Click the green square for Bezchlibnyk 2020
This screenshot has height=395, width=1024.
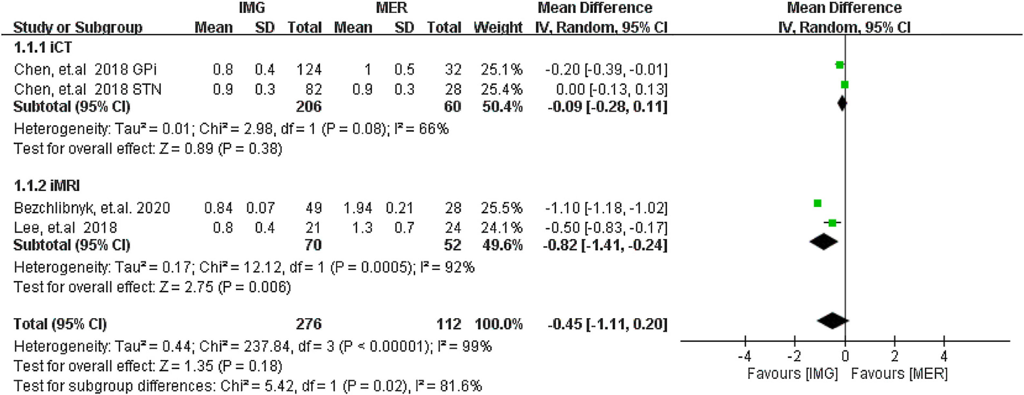pyautogui.click(x=817, y=203)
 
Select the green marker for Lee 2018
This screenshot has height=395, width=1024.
pyautogui.click(x=832, y=223)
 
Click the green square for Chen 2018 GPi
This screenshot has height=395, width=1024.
pyautogui.click(x=839, y=65)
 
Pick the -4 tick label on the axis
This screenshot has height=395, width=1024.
pyautogui.click(x=744, y=356)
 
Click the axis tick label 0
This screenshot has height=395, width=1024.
pyautogui.click(x=845, y=356)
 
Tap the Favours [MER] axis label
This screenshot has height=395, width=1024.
pyautogui.click(x=899, y=374)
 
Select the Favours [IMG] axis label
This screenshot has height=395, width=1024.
pyautogui.click(x=792, y=374)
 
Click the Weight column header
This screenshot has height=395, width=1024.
pyautogui.click(x=498, y=27)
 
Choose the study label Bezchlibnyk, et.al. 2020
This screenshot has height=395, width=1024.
pyautogui.click(x=92, y=208)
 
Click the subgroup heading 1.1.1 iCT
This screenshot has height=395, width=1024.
pyautogui.click(x=43, y=48)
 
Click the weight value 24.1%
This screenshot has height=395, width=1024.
pyautogui.click(x=501, y=228)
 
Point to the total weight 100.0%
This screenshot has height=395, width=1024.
pyautogui.click(x=498, y=324)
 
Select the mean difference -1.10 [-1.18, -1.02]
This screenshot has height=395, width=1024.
pyautogui.click(x=606, y=208)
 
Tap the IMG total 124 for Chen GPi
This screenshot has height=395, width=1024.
pyautogui.click(x=309, y=70)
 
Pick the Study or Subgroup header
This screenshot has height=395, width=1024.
pyautogui.click(x=78, y=27)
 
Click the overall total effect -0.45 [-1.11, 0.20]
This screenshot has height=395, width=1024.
pyautogui.click(x=607, y=324)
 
